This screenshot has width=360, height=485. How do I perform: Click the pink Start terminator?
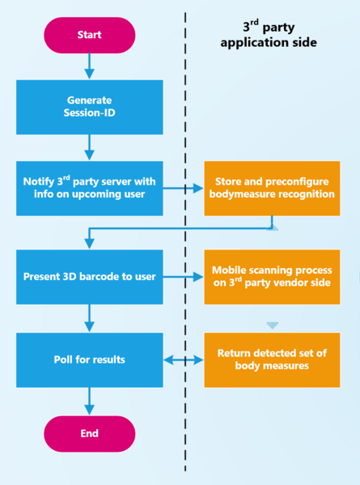[x=89, y=35]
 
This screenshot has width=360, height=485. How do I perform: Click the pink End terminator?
[x=89, y=433]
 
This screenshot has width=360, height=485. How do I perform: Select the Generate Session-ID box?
[x=89, y=106]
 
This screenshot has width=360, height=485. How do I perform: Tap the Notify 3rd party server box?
[x=89, y=188]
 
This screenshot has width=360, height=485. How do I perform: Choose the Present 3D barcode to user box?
[x=89, y=277]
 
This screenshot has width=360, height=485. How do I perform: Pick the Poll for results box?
[x=89, y=359]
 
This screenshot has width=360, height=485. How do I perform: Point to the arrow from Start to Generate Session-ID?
[x=89, y=66]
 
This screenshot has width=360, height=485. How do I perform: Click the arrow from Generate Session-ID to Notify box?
[x=89, y=147]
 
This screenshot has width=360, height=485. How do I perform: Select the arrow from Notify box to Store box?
[x=184, y=189]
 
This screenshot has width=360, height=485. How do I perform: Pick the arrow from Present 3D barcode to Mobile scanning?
[x=184, y=277]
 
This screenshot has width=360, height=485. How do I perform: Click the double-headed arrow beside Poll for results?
[x=184, y=359]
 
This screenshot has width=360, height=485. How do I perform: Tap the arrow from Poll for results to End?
[x=89, y=400]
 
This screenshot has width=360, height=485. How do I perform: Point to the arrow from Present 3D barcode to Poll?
[x=89, y=317]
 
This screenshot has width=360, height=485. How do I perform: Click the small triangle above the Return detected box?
[x=273, y=325]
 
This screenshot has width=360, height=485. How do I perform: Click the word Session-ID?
[x=90, y=113]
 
